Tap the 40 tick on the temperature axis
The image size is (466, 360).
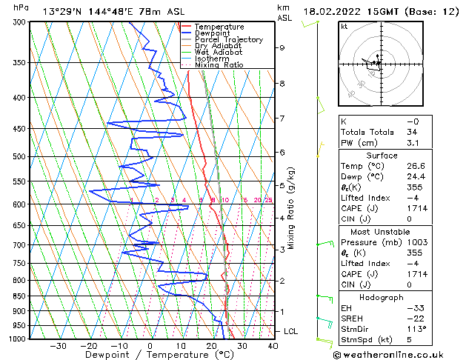(x=273, y=345)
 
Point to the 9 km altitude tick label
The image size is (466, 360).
(x=282, y=48)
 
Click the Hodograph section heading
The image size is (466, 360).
(x=382, y=297)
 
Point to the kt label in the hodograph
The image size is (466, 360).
(x=344, y=26)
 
